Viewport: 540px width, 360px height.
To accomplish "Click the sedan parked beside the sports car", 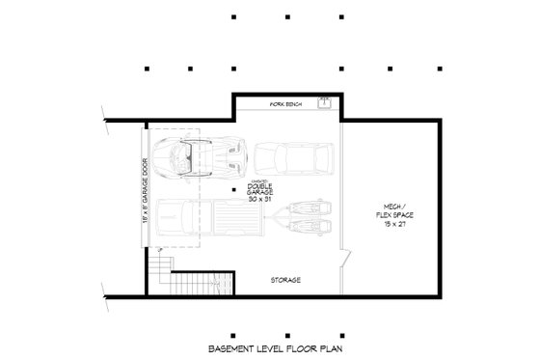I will coord(294,156).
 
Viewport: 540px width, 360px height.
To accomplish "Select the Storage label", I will coord(284,280).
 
